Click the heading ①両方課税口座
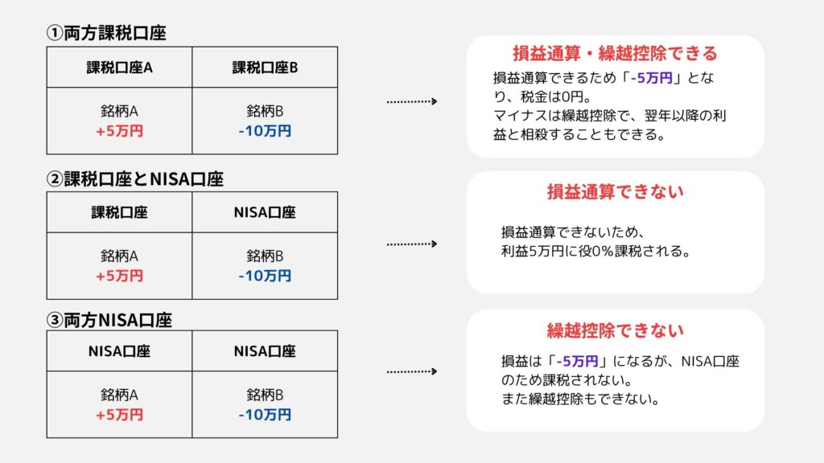(x=106, y=33)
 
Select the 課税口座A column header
(x=119, y=68)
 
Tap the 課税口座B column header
(x=265, y=68)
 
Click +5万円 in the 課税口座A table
(x=119, y=131)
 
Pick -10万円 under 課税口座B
(x=265, y=131)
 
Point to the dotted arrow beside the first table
(x=412, y=101)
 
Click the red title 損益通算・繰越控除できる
(x=615, y=54)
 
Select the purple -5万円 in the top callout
(x=652, y=78)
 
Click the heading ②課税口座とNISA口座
(x=135, y=179)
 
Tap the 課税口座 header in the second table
(x=119, y=212)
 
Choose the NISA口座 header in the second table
(x=265, y=212)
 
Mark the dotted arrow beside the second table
(x=412, y=244)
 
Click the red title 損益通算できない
(x=615, y=191)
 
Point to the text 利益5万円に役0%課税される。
(x=596, y=251)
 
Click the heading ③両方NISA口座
(x=109, y=320)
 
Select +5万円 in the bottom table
(x=119, y=415)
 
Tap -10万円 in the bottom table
(x=265, y=415)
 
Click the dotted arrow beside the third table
(x=412, y=371)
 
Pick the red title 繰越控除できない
(x=615, y=330)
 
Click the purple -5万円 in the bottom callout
(x=577, y=362)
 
